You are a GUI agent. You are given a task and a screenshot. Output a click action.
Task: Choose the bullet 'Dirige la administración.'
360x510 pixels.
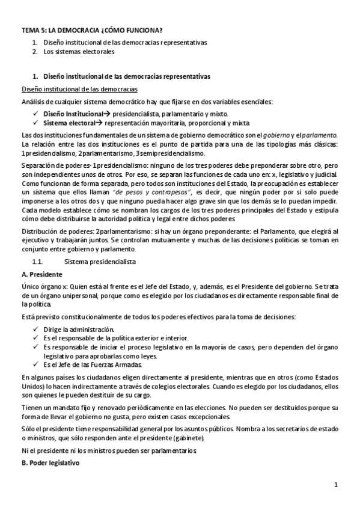[x=78, y=330]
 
